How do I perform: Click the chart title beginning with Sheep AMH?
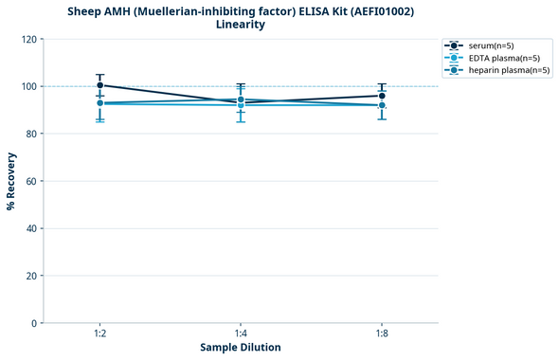[241, 11]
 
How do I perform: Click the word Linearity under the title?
[241, 25]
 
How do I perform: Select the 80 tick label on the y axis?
[30, 134]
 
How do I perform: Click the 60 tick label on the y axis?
[30, 181]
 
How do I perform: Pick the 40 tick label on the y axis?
[30, 228]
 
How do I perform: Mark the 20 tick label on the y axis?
[30, 276]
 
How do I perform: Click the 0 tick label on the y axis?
[33, 323]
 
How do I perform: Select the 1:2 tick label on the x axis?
[99, 334]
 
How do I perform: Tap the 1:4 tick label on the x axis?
[241, 334]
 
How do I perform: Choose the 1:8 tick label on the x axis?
[382, 334]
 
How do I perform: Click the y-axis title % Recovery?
[11, 181]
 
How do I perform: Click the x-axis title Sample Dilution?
[241, 348]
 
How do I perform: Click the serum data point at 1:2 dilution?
[99, 85]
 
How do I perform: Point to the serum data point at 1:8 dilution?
[382, 96]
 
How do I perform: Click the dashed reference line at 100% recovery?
[313, 86]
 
